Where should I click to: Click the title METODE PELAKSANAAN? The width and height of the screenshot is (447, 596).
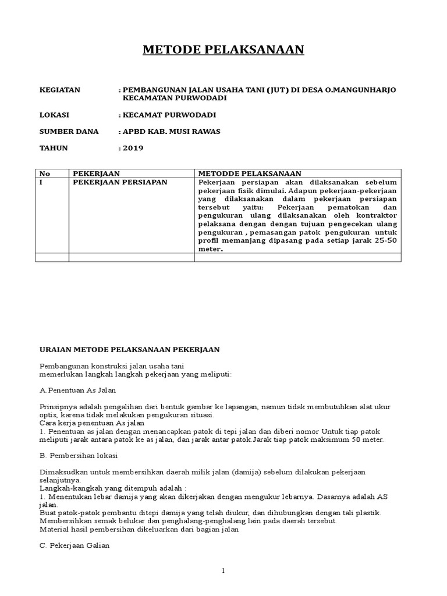pos(223,51)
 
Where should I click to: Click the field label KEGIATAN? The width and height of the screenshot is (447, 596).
pos(59,90)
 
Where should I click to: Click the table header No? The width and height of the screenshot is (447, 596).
pos(44,173)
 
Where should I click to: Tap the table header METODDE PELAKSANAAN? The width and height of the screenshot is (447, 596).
pos(250,173)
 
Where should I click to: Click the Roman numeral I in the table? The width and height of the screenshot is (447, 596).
pos(40,182)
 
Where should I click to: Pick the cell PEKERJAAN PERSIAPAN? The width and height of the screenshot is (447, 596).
pos(120,182)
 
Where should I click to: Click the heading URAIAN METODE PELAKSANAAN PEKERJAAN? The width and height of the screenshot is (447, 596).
pos(129,349)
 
